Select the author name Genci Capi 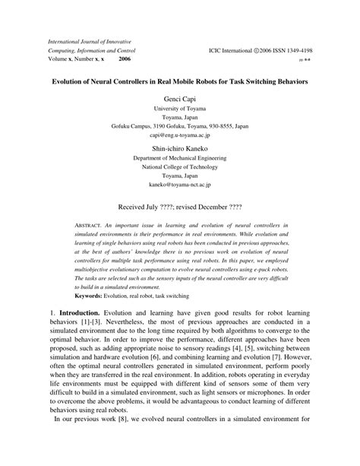click(180, 99)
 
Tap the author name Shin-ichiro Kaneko click(180, 148)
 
